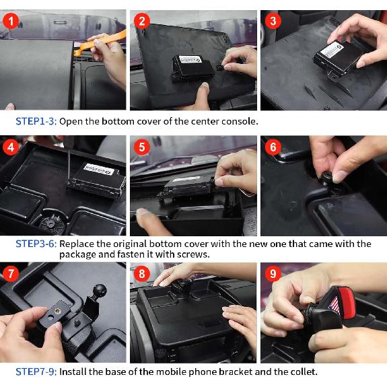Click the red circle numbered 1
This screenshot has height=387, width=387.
pyautogui.click(x=10, y=21)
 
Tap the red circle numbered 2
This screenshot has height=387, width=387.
pyautogui.click(x=141, y=21)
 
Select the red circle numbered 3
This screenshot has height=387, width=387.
pyautogui.click(x=271, y=21)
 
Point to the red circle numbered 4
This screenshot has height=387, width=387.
pyautogui.click(x=10, y=147)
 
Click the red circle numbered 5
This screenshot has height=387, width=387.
pyautogui.click(x=141, y=147)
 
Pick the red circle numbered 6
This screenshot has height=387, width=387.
pyautogui.click(x=271, y=147)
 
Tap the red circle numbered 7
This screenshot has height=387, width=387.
pyautogui.click(x=10, y=273)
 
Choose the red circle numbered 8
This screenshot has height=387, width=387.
pyautogui.click(x=141, y=273)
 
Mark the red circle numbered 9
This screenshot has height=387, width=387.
pyautogui.click(x=271, y=273)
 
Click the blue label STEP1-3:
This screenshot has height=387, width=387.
pyautogui.click(x=36, y=122)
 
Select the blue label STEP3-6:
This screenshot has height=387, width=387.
pyautogui.click(x=36, y=244)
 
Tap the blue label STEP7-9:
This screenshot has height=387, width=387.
pyautogui.click(x=36, y=372)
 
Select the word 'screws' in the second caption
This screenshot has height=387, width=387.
pyautogui.click(x=191, y=254)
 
